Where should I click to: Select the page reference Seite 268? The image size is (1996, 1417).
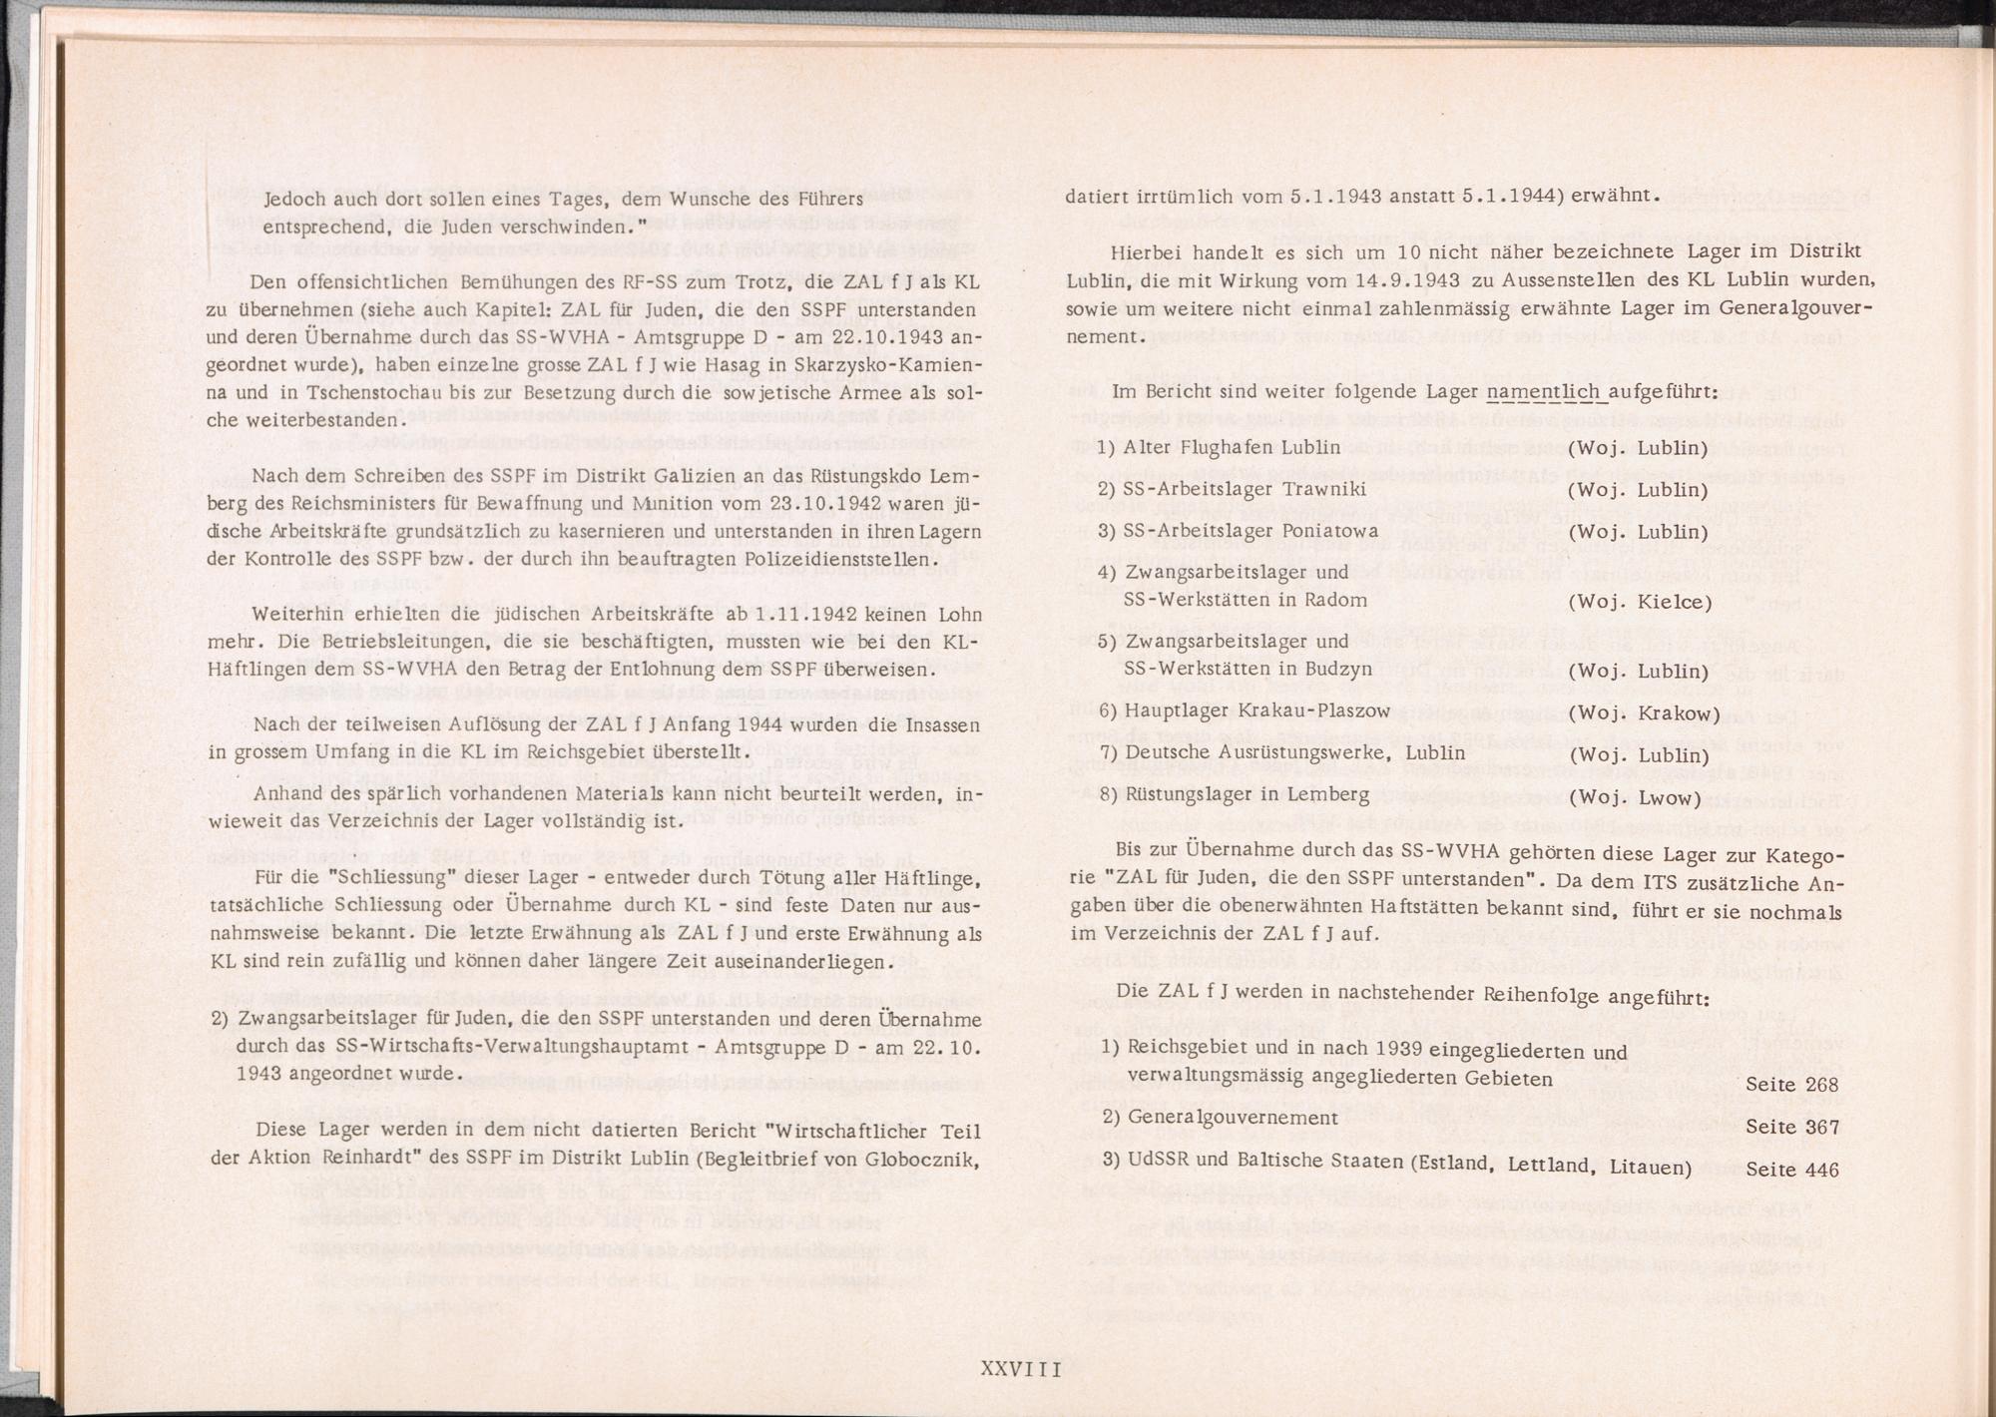1792,1085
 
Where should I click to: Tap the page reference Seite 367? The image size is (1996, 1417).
1792,1127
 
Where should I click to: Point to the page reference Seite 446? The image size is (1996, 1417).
1792,1170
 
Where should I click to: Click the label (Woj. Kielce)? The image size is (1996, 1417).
1640,602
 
